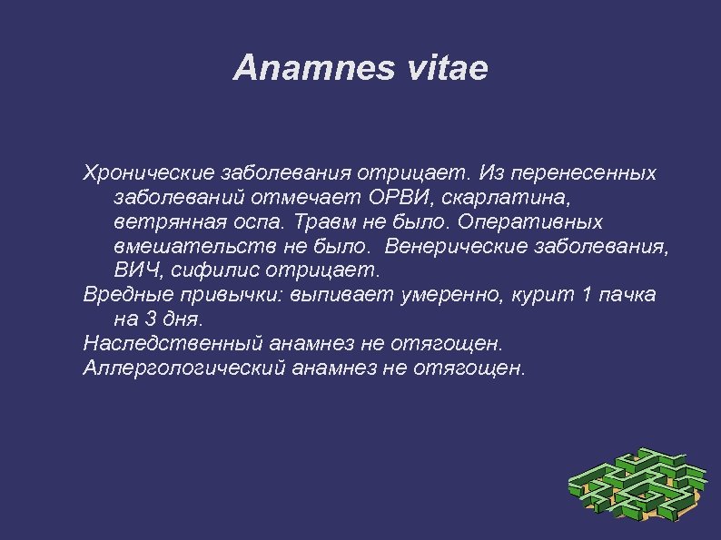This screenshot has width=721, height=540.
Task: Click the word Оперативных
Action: [x=530, y=221]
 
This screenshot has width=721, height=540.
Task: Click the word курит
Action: [x=545, y=295]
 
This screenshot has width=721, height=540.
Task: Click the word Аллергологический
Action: [x=181, y=368]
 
